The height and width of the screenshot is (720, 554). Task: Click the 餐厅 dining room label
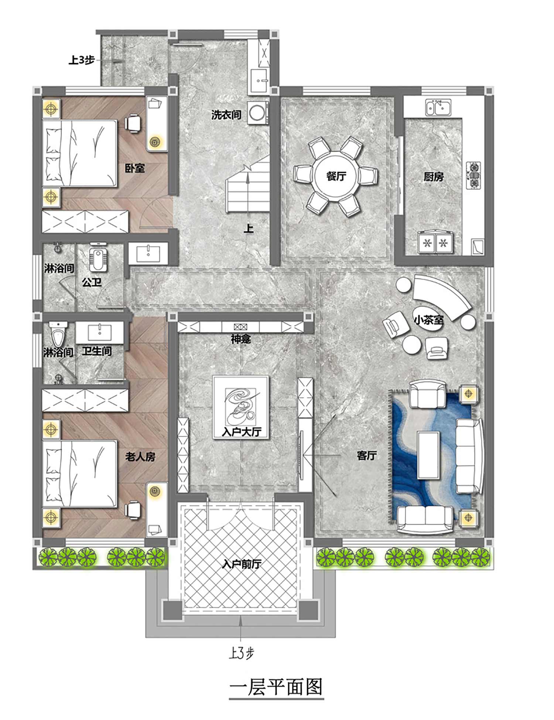coord(336,176)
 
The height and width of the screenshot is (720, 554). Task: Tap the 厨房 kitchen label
coord(433,177)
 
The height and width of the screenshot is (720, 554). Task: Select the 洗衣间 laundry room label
coord(226,115)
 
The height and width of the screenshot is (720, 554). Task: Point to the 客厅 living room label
coord(367,455)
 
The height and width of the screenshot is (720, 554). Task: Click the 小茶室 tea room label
coord(428,320)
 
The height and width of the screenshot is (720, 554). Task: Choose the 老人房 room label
coord(140,457)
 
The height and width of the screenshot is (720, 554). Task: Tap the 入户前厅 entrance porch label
coord(242,564)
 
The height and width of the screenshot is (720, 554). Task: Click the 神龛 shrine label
coord(241,339)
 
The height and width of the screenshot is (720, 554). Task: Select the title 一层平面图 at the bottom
coord(276,687)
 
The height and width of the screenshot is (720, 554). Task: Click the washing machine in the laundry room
coord(257,113)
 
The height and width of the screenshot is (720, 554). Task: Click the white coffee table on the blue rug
coord(428,455)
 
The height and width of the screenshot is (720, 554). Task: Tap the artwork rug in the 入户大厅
coord(241,407)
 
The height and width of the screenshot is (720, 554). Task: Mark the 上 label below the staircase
coord(249,228)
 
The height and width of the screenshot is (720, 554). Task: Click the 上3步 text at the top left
coord(82,60)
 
